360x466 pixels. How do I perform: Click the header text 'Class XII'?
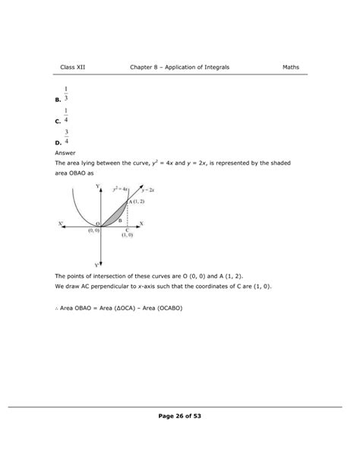point(73,67)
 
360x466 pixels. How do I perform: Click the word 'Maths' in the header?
point(291,67)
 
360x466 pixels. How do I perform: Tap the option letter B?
point(58,100)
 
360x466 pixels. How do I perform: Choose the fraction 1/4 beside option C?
point(67,116)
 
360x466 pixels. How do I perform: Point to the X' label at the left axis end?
point(61,223)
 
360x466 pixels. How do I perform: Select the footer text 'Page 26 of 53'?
point(180,416)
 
